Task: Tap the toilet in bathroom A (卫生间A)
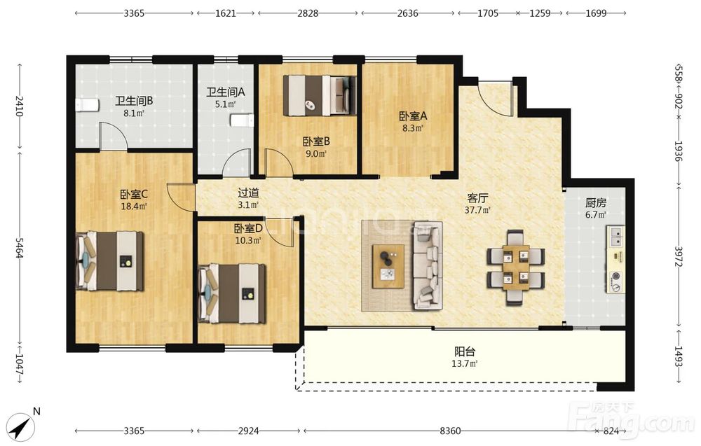[242, 120]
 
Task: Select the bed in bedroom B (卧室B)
[320, 95]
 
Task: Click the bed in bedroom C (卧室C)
[109, 260]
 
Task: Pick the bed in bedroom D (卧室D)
[231, 293]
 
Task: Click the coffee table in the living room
[388, 266]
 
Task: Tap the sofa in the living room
[428, 265]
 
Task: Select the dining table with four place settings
[516, 267]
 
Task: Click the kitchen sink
[616, 236]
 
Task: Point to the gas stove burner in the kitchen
[616, 277]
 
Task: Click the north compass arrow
[20, 428]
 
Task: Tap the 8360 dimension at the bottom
[450, 431]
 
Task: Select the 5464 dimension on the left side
[19, 247]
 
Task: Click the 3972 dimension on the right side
[678, 256]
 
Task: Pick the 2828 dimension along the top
[308, 13]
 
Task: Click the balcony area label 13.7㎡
[465, 363]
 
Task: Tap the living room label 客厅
[477, 197]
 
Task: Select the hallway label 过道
[248, 193]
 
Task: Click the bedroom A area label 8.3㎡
[413, 128]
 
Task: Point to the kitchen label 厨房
[595, 203]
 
